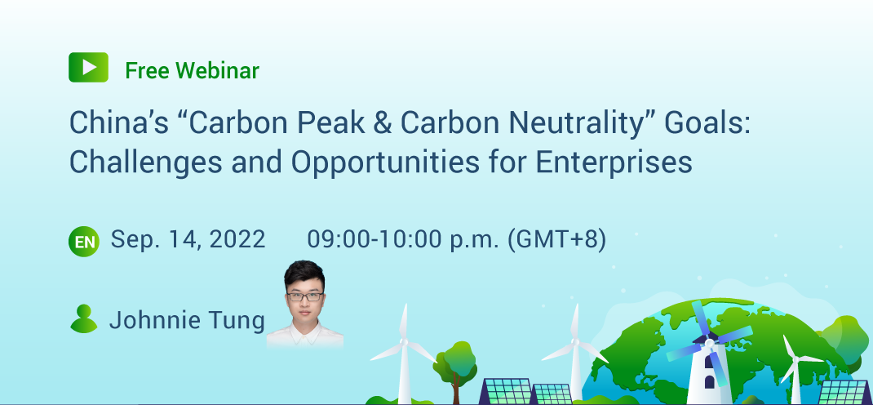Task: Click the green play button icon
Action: (88, 67)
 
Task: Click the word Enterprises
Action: (614, 162)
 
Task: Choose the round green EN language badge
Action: (84, 241)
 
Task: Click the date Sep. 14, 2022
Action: (188, 239)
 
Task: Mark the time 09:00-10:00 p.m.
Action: (403, 239)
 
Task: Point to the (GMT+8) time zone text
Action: (556, 239)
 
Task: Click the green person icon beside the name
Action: (84, 318)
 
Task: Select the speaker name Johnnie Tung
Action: (187, 320)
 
